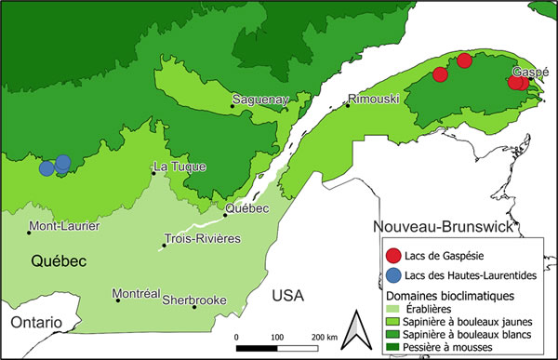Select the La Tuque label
(x=179, y=167)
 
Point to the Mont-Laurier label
(x=65, y=226)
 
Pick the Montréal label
(x=137, y=293)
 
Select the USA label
(x=289, y=296)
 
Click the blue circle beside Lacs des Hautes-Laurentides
(x=392, y=274)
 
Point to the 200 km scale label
(x=324, y=335)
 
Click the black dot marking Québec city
(x=225, y=215)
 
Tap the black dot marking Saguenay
(x=233, y=106)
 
